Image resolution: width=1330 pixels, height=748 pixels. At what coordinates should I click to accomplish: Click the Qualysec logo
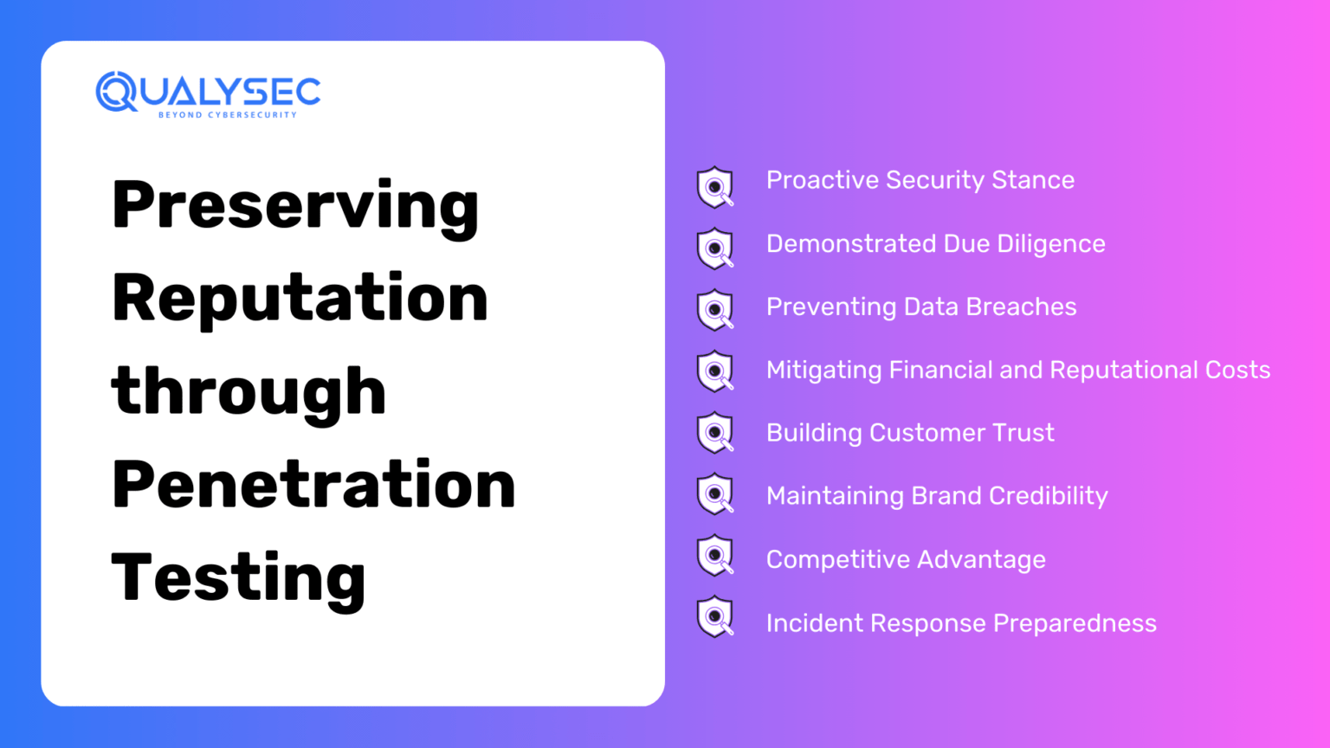pyautogui.click(x=208, y=92)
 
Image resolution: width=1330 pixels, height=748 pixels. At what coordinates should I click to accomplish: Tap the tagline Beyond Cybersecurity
pyautogui.click(x=227, y=114)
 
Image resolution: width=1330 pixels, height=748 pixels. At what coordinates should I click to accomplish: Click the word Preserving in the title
pyautogui.click(x=295, y=206)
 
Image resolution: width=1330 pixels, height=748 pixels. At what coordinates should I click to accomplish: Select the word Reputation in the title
pyautogui.click(x=300, y=298)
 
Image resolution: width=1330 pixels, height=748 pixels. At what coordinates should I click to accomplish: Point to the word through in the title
pyautogui.click(x=249, y=391)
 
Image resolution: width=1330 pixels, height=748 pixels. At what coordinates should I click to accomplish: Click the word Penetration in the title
pyautogui.click(x=313, y=484)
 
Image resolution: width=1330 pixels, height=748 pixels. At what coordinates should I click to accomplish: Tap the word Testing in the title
pyautogui.click(x=238, y=577)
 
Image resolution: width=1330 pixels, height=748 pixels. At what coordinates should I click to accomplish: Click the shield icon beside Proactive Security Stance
pyautogui.click(x=715, y=186)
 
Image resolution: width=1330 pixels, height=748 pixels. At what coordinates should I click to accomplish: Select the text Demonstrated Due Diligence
pyautogui.click(x=935, y=243)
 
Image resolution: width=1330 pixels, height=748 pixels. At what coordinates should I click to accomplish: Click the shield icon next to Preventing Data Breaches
pyautogui.click(x=715, y=309)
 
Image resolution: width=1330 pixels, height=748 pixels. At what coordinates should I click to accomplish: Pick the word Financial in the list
pyautogui.click(x=940, y=370)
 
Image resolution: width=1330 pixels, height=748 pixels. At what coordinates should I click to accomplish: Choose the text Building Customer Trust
pyautogui.click(x=910, y=432)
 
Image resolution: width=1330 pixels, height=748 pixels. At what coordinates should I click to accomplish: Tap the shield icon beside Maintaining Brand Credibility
pyautogui.click(x=715, y=493)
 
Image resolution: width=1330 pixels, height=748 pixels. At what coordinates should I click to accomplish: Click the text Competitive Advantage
pyautogui.click(x=906, y=559)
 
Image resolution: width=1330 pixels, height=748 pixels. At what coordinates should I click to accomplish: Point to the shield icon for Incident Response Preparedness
pyautogui.click(x=715, y=616)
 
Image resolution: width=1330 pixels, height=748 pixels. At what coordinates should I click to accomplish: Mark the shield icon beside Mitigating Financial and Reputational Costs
pyautogui.click(x=715, y=371)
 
